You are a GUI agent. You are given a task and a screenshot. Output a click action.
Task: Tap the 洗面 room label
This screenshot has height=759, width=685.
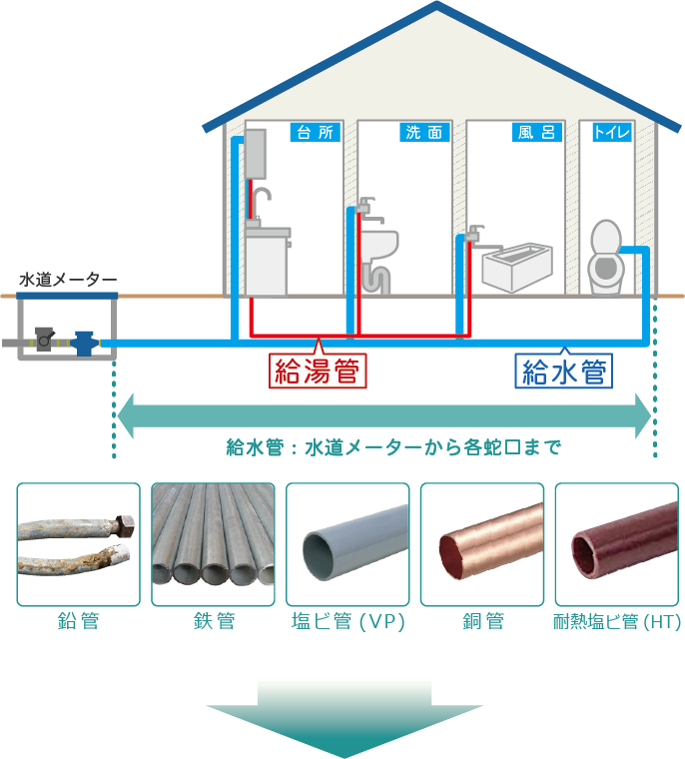423,132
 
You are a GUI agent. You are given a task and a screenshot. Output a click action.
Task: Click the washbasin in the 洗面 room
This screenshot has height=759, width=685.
378,242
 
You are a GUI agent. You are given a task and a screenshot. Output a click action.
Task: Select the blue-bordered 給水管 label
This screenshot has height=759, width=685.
564,372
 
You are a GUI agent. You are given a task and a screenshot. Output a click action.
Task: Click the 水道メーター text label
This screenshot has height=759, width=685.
68,279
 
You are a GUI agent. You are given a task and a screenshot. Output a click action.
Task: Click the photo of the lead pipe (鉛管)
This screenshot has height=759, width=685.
78,544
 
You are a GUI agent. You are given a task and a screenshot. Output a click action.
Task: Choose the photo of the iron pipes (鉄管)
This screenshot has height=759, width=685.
213,544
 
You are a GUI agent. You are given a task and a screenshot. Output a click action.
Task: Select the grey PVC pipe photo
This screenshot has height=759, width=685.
347,544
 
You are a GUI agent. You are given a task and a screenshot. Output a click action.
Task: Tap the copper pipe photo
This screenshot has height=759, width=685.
482,544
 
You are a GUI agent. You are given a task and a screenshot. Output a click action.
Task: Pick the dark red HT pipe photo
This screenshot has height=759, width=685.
616,544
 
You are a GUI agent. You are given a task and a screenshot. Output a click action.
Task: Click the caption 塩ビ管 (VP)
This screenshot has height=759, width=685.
346,622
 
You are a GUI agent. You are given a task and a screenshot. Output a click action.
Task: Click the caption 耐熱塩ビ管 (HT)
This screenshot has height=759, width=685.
616,622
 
